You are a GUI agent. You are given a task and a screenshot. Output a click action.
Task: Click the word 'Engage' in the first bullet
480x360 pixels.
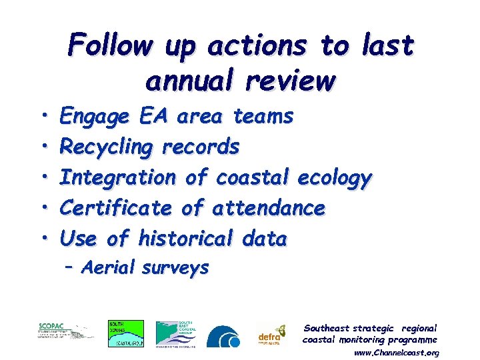(x=95, y=117)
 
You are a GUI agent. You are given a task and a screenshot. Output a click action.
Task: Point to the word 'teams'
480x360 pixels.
(x=263, y=117)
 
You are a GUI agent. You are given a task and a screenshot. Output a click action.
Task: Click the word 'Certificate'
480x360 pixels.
(x=115, y=209)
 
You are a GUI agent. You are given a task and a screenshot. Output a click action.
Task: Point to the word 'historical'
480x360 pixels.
(x=185, y=239)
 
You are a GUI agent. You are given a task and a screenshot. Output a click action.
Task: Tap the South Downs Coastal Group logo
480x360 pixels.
(x=125, y=333)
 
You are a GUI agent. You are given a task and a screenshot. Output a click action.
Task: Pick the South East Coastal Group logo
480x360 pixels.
(x=176, y=333)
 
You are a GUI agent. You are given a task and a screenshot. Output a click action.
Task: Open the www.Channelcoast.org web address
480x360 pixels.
(x=396, y=352)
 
